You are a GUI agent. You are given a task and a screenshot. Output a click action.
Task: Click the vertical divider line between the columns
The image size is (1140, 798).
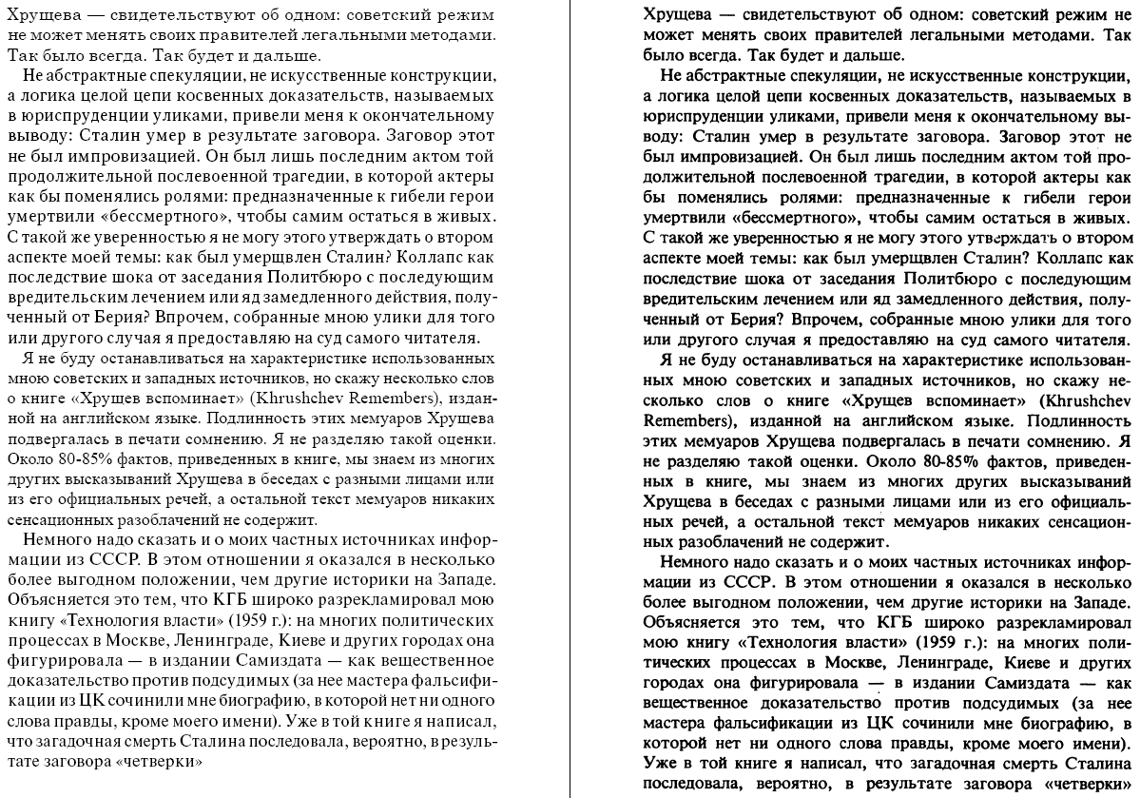pyautogui.click(x=570, y=399)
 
